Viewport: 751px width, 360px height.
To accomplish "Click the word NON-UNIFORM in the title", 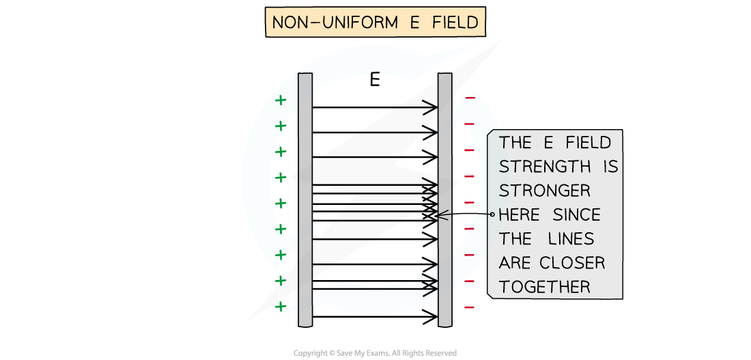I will coord(326,23).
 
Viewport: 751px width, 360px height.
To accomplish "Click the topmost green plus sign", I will coord(280,100).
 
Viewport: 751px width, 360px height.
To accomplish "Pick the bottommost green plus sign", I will coord(280,307).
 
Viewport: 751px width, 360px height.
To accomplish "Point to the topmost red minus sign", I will coord(470,98).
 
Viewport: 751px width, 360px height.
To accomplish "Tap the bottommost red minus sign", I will coord(470,307).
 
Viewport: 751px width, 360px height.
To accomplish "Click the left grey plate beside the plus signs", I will coord(305,198).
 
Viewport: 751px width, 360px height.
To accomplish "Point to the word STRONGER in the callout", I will coord(544,191).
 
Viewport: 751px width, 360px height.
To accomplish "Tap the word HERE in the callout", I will coord(519,215).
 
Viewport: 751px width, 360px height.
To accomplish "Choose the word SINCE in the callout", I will coord(576,215).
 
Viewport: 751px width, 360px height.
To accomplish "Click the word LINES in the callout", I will coord(571,239).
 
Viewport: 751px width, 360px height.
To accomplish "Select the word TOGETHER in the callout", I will coord(544,287).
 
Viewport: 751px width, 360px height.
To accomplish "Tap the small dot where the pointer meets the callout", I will coord(492,214).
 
